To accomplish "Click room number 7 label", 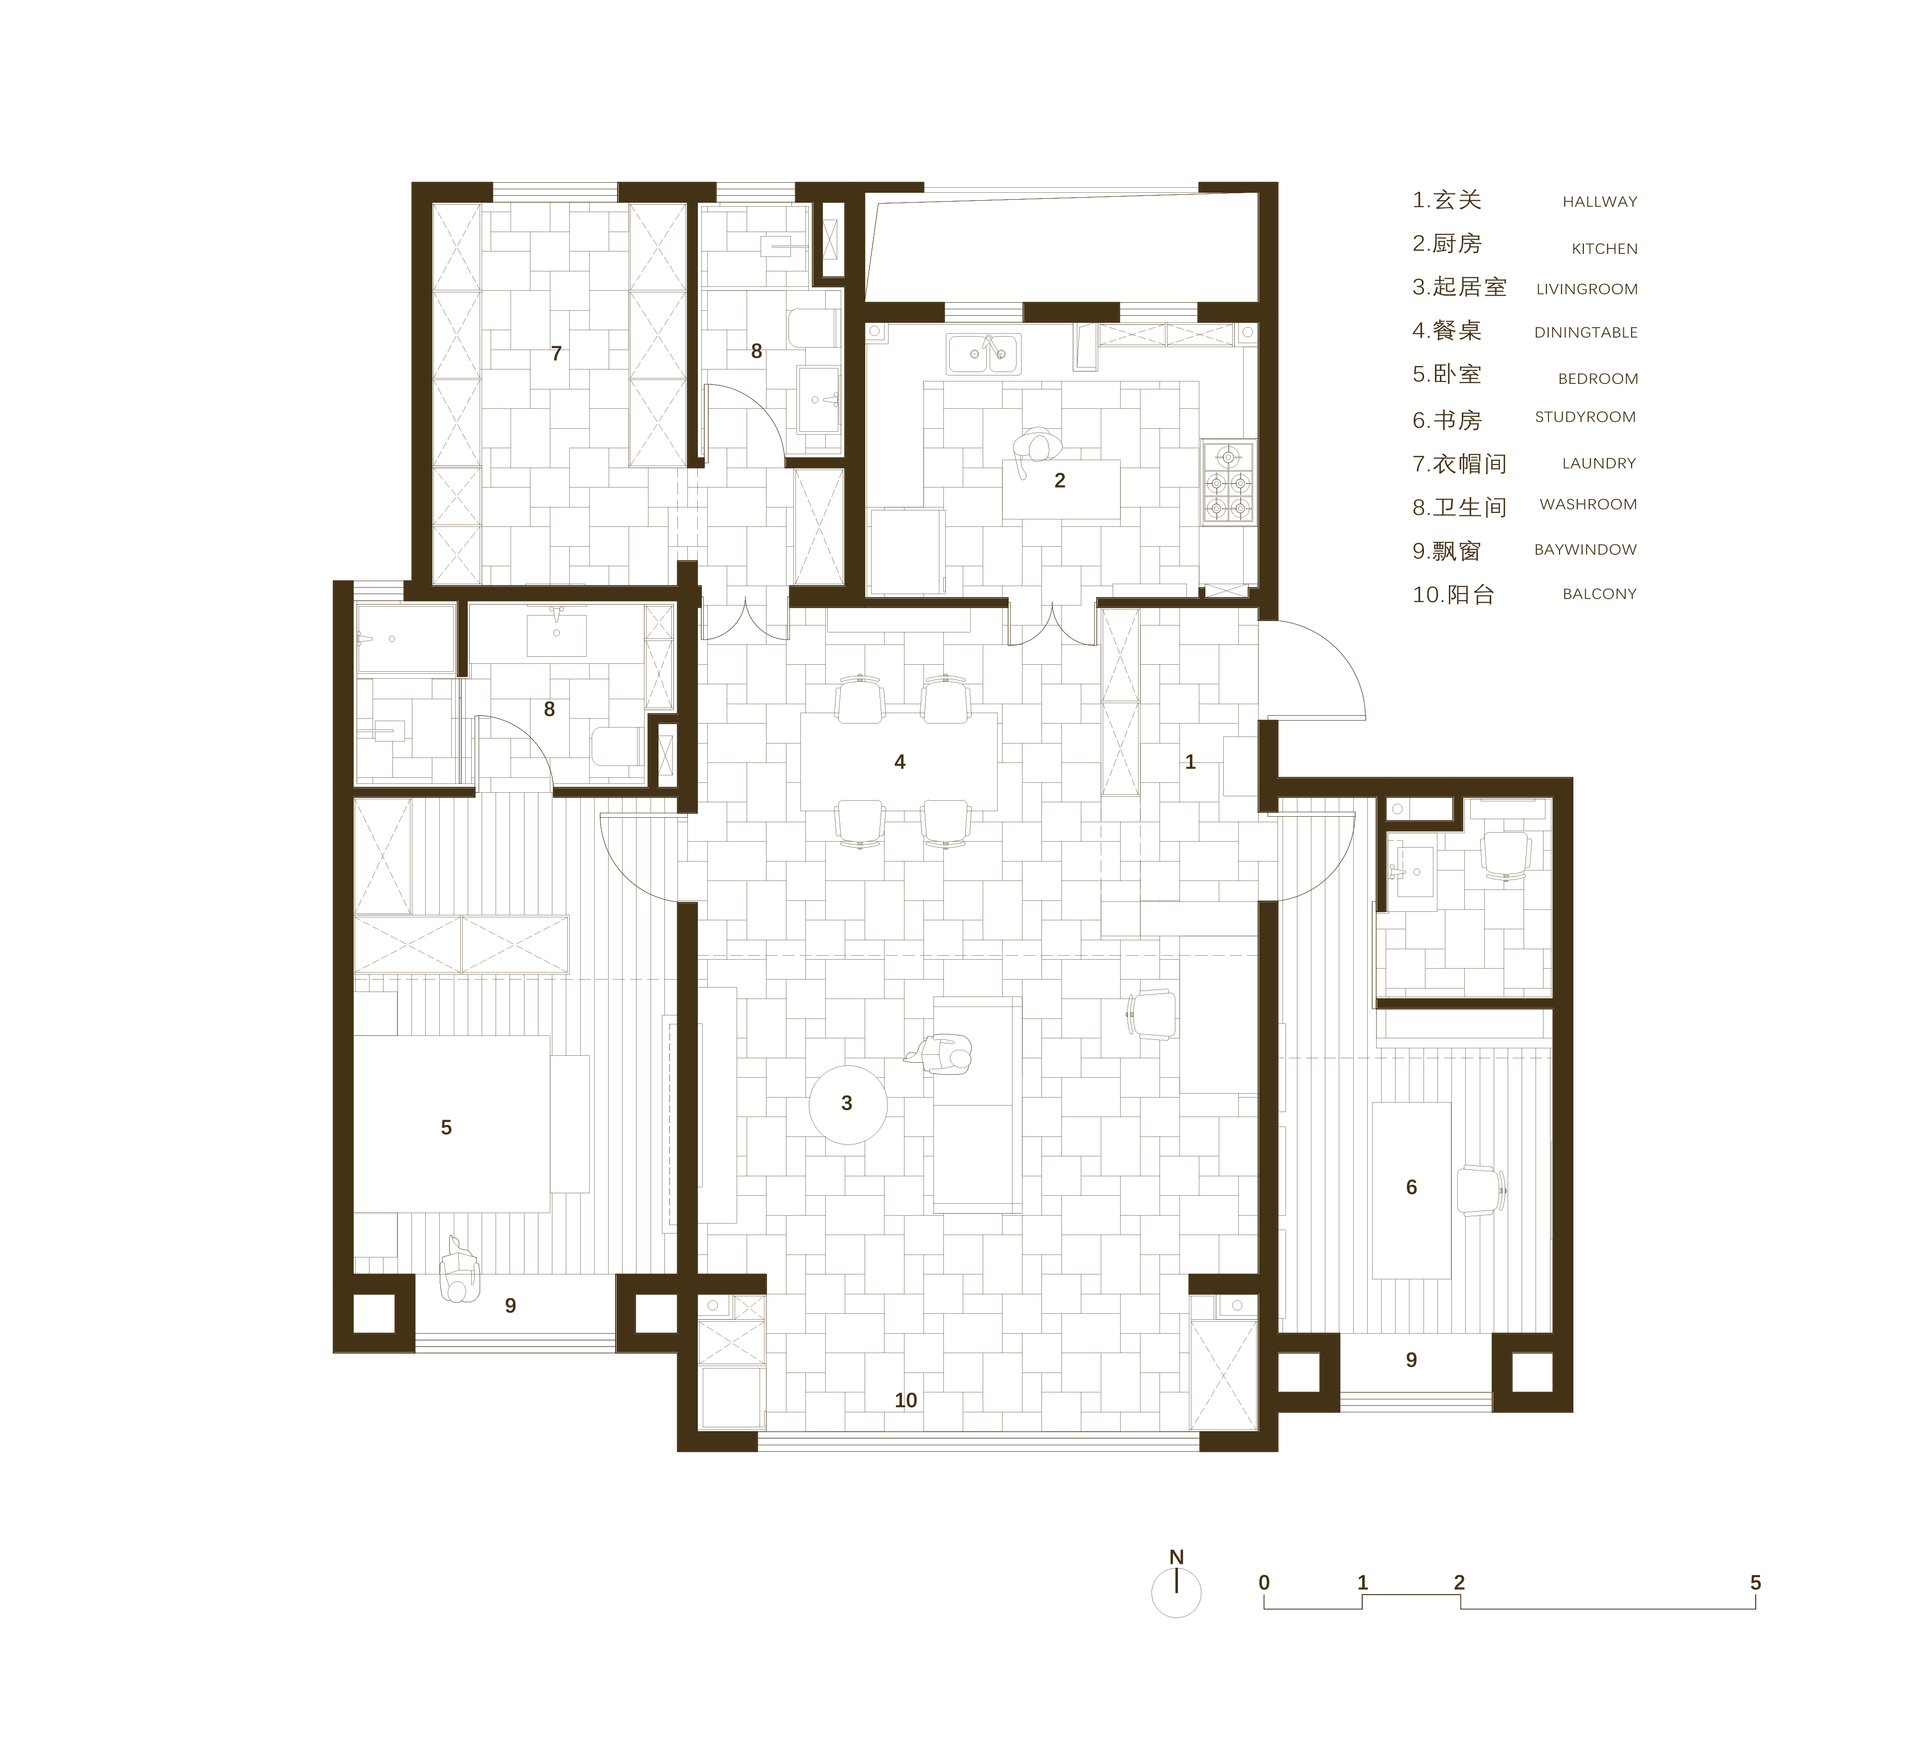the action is coord(556,354).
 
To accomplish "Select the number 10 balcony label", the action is coord(905,1400).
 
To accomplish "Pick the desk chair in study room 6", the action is coord(1481,1190).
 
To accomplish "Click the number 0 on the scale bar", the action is coord(1264,1582).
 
